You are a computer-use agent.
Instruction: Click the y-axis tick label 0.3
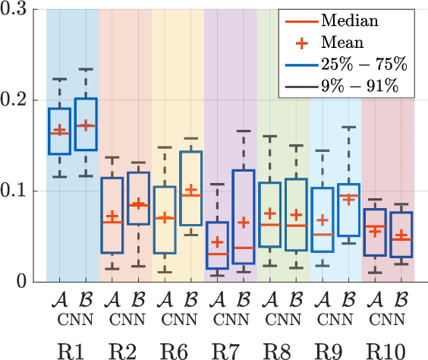pos(18,9)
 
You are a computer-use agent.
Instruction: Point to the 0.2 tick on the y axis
pos(18,99)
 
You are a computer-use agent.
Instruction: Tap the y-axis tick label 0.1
pos(18,191)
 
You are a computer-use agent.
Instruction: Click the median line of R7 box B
pos(243,248)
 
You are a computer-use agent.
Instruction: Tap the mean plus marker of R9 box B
pos(348,200)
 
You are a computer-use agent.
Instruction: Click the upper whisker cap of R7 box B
pos(243,131)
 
